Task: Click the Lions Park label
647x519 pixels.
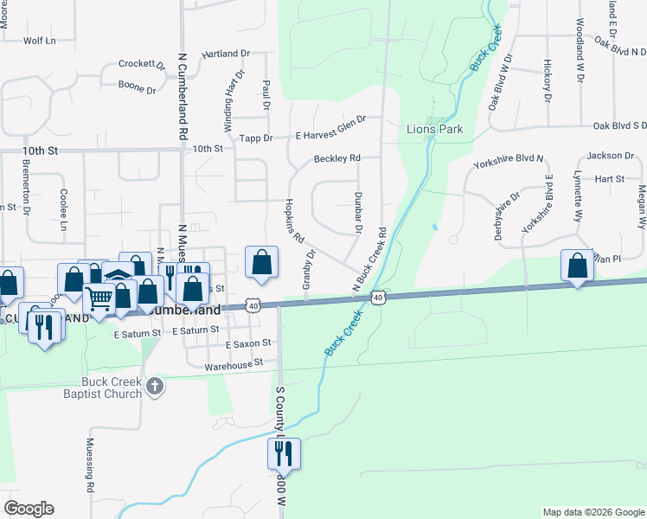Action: pyautogui.click(x=434, y=130)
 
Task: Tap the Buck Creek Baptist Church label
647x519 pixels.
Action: pyautogui.click(x=112, y=388)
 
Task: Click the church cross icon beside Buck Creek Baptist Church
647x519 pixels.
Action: pyautogui.click(x=155, y=386)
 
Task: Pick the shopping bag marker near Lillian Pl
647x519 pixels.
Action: pyautogui.click(x=577, y=265)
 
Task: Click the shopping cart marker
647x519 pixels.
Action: pyautogui.click(x=99, y=298)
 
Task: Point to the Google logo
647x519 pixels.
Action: pyautogui.click(x=29, y=509)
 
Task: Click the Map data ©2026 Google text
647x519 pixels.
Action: pyautogui.click(x=593, y=512)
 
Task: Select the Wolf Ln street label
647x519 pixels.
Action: pyautogui.click(x=39, y=41)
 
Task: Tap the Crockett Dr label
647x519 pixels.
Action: pyautogui.click(x=142, y=64)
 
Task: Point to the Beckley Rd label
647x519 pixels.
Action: pyautogui.click(x=336, y=159)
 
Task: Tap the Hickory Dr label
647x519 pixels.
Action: pyautogui.click(x=548, y=79)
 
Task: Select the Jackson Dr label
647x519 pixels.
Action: pyautogui.click(x=610, y=156)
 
